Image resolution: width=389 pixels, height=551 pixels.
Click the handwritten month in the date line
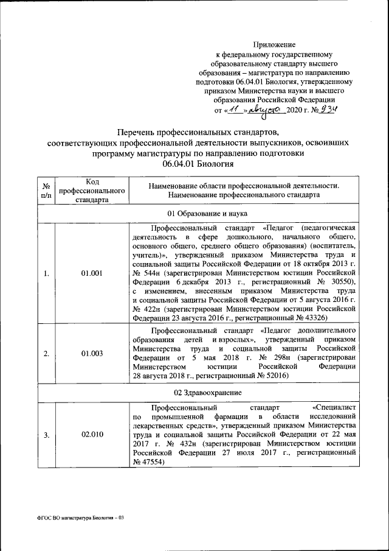268,111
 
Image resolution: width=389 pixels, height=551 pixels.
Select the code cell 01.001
91,273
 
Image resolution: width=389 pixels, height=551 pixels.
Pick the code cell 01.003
91,353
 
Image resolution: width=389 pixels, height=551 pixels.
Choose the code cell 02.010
91,435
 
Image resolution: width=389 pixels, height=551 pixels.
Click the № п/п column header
46,191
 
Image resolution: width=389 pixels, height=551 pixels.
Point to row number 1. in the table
46,273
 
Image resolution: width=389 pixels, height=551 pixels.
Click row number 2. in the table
46,353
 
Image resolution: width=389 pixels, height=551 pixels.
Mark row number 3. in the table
46,435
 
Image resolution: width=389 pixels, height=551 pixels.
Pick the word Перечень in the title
139,132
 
